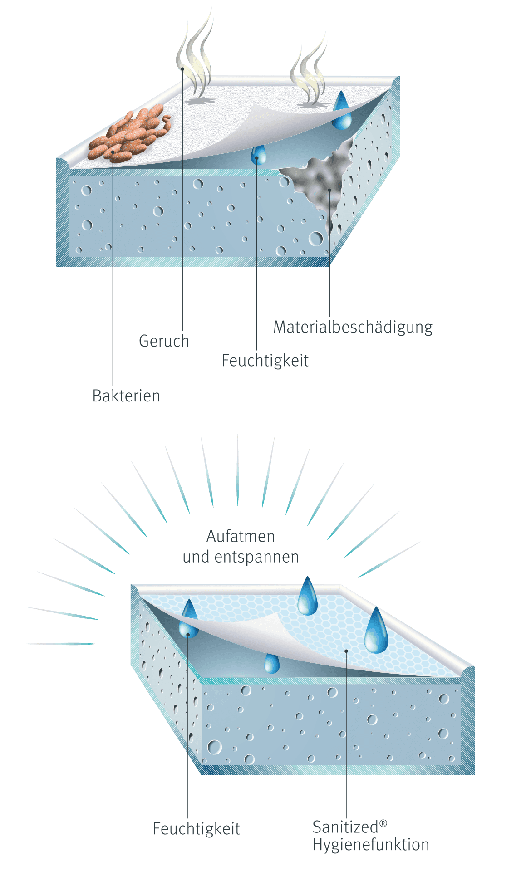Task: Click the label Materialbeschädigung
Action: pyautogui.click(x=353, y=328)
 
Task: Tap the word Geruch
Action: pyautogui.click(x=164, y=341)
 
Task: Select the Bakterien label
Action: pyautogui.click(x=126, y=396)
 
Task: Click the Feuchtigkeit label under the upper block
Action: pyautogui.click(x=265, y=361)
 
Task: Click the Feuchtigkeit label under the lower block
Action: pyautogui.click(x=197, y=829)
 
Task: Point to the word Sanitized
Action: pyautogui.click(x=345, y=827)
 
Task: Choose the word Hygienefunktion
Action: pyautogui.click(x=371, y=845)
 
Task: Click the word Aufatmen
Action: pyautogui.click(x=241, y=536)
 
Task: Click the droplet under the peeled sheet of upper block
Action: pyautogui.click(x=259, y=155)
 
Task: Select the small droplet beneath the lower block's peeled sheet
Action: pyautogui.click(x=271, y=664)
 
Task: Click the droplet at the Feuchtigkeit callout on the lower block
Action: pyautogui.click(x=188, y=619)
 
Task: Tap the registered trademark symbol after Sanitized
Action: pyautogui.click(x=383, y=823)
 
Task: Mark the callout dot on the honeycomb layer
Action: pyautogui.click(x=346, y=651)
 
